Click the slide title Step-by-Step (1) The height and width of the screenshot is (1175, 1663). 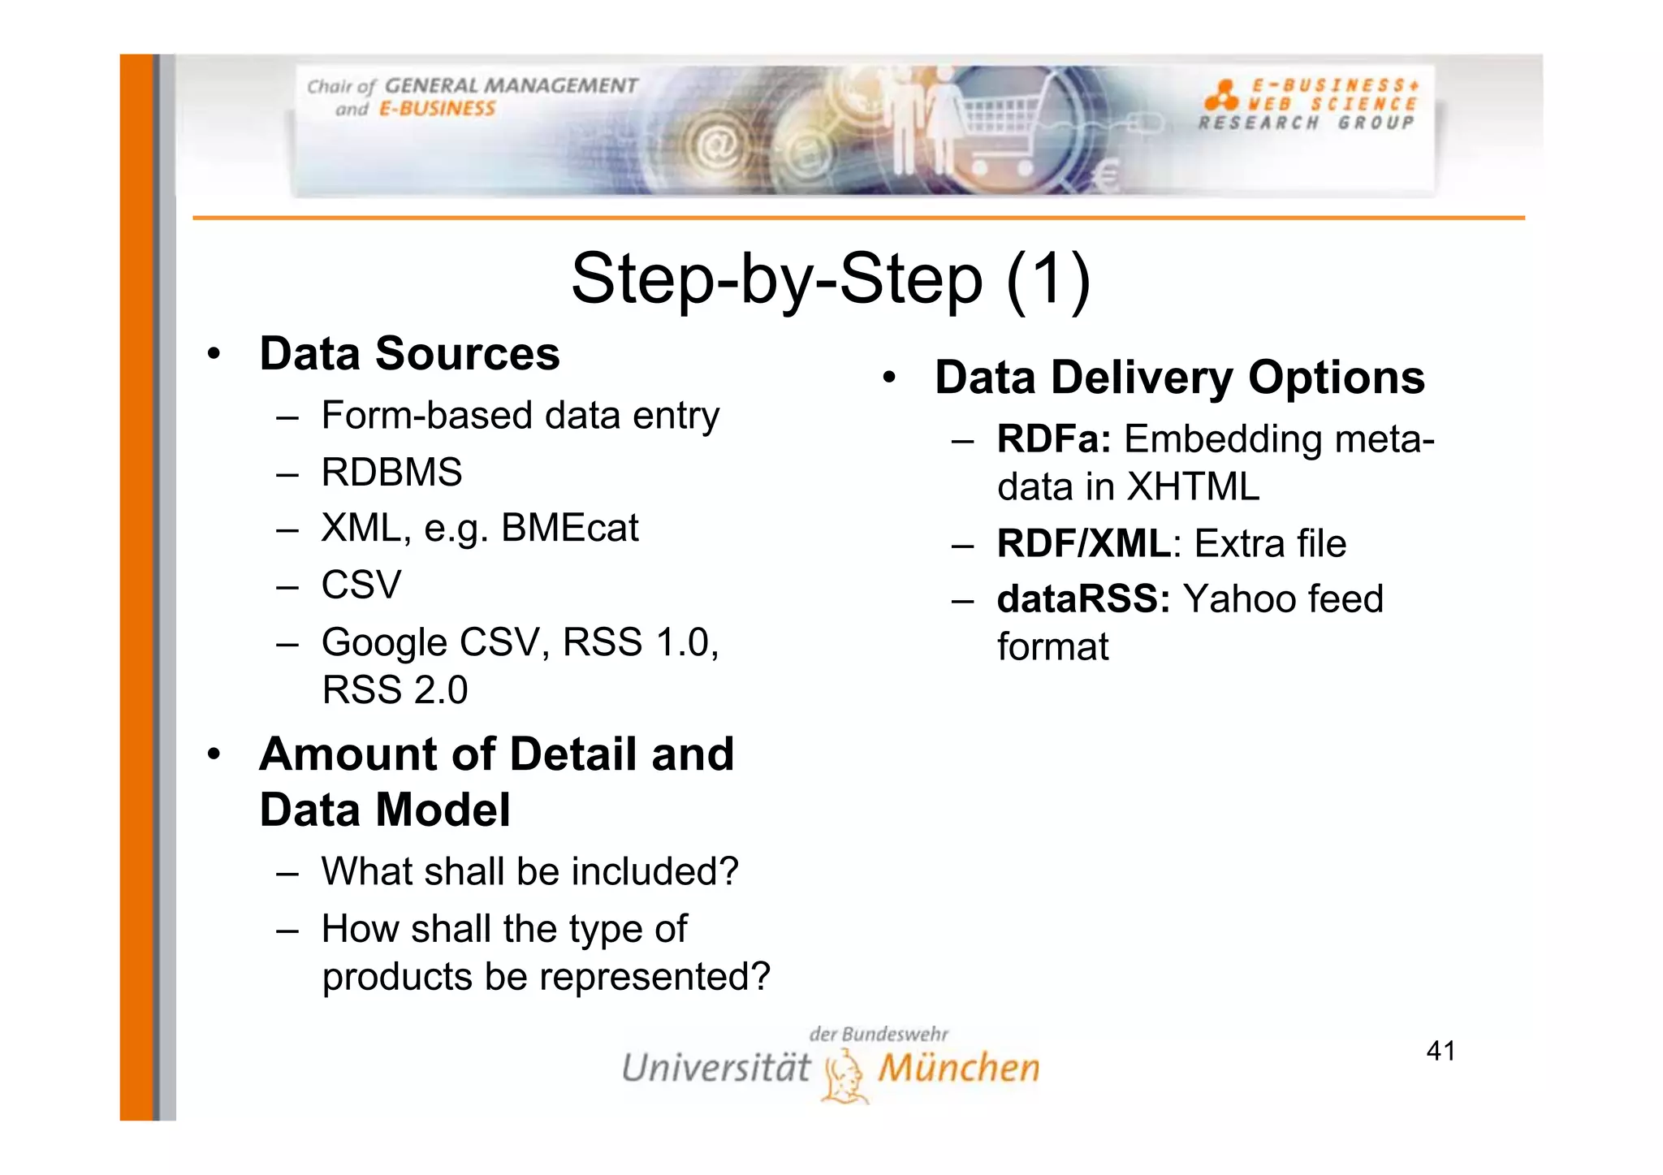pos(831,279)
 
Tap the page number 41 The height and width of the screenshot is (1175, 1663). pos(1441,1051)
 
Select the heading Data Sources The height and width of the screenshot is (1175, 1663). pos(409,354)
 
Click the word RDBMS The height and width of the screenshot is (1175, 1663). pos(391,473)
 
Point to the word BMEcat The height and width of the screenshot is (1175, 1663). pos(569,529)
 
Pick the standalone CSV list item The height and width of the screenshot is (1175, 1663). pos(361,585)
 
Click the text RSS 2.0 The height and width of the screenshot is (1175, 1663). pos(395,690)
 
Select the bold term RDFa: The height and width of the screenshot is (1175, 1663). pos(1053,439)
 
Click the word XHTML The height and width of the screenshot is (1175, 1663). pos(1193,487)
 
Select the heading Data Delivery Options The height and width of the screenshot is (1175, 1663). pos(1179,378)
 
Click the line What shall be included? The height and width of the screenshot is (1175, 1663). pos(529,872)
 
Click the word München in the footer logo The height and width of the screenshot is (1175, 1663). pos(958,1069)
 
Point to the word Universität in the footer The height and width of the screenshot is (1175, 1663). pos(715,1069)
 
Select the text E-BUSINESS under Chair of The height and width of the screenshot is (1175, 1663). pos(437,110)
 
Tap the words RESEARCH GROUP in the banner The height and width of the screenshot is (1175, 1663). pos(1306,123)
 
